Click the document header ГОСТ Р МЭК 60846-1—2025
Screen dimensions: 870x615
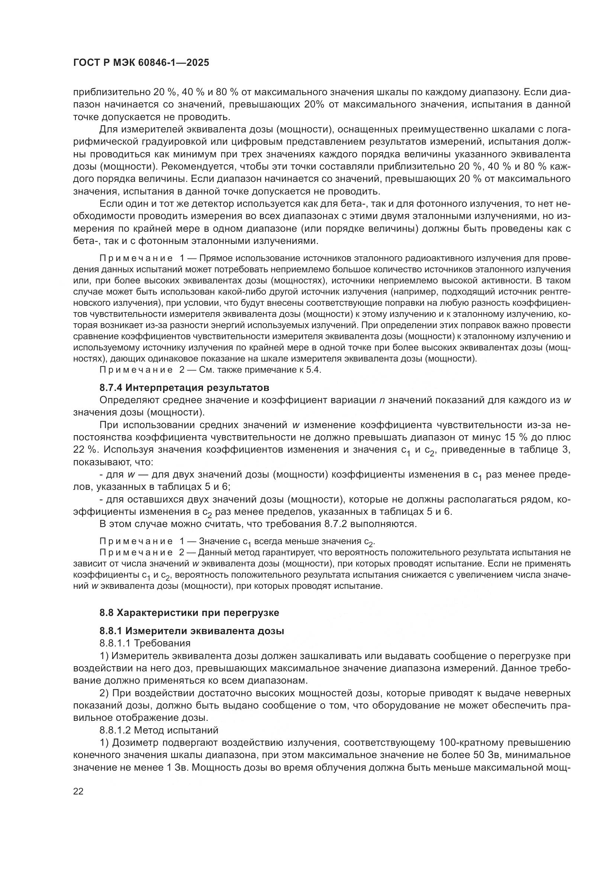click(x=141, y=63)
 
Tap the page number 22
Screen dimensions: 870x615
click(x=78, y=791)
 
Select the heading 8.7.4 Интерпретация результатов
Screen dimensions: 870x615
click(x=184, y=388)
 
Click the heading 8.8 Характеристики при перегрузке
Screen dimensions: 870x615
click(x=189, y=613)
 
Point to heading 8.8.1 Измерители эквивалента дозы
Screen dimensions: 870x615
click(x=191, y=631)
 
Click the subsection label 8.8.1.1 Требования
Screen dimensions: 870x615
click(x=145, y=643)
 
